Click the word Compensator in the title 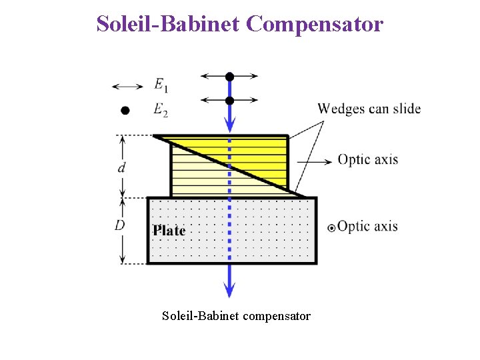click(x=314, y=24)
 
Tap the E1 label click(x=161, y=85)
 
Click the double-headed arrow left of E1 click(x=127, y=86)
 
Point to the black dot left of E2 click(x=125, y=111)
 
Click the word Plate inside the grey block click(x=169, y=231)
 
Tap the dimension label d click(x=121, y=167)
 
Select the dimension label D click(x=120, y=225)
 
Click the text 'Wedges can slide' click(x=369, y=109)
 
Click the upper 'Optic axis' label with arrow click(x=367, y=160)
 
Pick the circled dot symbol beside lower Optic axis click(x=331, y=227)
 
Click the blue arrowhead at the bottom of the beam click(x=229, y=289)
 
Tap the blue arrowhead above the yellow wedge click(x=229, y=124)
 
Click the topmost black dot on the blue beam click(x=229, y=77)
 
